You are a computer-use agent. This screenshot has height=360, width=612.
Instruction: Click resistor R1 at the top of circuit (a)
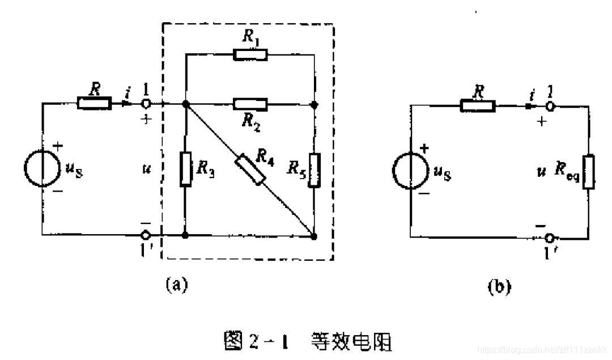[x=250, y=55]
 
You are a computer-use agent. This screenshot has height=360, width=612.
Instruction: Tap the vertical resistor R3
[x=185, y=169]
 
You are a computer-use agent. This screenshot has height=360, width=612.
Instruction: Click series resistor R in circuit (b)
[x=478, y=106]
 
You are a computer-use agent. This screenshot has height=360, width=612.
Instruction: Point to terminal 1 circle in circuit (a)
[x=146, y=104]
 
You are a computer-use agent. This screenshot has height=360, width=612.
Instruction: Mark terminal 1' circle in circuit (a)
[x=146, y=234]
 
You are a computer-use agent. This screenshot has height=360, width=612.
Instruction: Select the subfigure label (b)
[x=499, y=287]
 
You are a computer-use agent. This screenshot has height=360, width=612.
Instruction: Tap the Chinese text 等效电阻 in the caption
[x=351, y=342]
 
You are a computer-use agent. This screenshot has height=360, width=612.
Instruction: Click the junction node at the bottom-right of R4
[x=314, y=234]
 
